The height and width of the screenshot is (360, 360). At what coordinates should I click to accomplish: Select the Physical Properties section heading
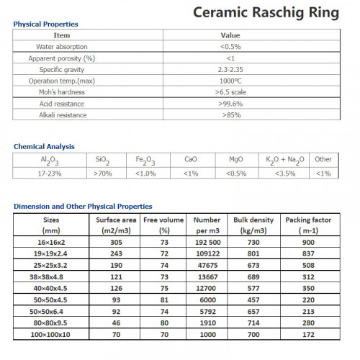click(x=46, y=24)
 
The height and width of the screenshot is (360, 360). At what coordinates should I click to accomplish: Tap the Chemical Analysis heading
click(x=44, y=147)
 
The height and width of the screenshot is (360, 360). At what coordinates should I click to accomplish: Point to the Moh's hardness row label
click(x=62, y=92)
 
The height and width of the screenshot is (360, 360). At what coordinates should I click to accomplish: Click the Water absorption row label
click(x=62, y=46)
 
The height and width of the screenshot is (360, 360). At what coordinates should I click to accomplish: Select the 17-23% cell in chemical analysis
click(x=34, y=174)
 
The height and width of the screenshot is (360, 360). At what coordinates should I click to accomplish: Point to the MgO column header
click(x=236, y=159)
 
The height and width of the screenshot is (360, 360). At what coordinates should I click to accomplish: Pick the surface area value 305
click(x=112, y=244)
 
